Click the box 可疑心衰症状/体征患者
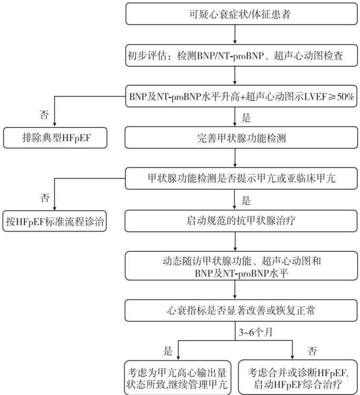(x=241, y=14)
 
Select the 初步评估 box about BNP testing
(x=241, y=55)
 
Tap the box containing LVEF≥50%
(x=241, y=96)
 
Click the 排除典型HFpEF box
(x=55, y=138)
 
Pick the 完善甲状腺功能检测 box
(x=241, y=138)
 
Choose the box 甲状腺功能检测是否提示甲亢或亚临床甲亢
(x=241, y=178)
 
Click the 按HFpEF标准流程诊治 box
(x=55, y=221)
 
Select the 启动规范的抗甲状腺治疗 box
(x=241, y=221)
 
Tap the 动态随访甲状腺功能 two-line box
(x=241, y=266)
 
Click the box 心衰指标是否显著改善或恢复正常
(x=241, y=310)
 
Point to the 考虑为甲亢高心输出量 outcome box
(x=178, y=378)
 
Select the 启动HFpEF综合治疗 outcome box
(x=298, y=378)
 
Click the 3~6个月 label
(x=256, y=332)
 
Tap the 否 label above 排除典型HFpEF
(x=44, y=115)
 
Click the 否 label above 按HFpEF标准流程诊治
(x=45, y=198)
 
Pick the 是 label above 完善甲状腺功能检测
(x=246, y=118)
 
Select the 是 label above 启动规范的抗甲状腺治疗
(x=246, y=200)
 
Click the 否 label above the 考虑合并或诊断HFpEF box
(x=312, y=351)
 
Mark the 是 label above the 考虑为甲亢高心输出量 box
(x=168, y=351)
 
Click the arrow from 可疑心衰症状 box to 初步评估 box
(x=235, y=34)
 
